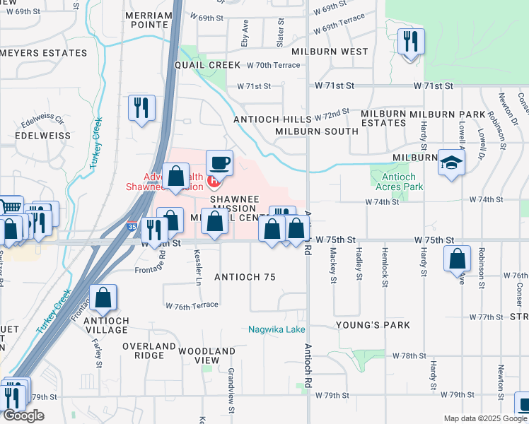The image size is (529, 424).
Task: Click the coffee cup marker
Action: pos(219,163)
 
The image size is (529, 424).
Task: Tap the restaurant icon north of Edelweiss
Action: pos(141,108)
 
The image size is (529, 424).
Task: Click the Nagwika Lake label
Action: pos(277,329)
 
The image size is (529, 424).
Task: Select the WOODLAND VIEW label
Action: pos(207,355)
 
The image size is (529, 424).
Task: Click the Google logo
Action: pos(23,416)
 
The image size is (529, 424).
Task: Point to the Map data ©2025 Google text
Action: pos(484,418)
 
